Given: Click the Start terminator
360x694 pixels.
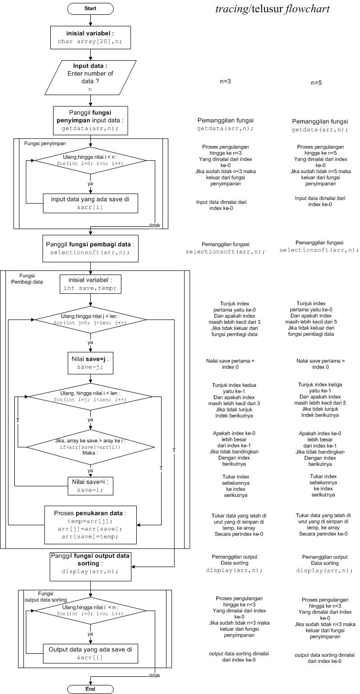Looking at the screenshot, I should (90, 9).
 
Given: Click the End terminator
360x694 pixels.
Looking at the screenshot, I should (90, 689).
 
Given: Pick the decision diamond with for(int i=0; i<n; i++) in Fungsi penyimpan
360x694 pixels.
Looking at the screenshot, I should (90, 160).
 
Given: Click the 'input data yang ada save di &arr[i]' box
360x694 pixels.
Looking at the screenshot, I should (90, 203).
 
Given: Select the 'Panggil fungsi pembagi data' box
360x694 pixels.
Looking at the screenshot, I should (90, 248).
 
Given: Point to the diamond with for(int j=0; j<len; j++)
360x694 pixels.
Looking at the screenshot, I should (90, 319).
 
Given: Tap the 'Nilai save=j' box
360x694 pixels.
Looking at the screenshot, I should (90, 363).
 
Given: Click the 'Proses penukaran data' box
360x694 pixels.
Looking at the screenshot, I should (90, 524).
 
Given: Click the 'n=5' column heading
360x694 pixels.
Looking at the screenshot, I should (316, 83).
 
